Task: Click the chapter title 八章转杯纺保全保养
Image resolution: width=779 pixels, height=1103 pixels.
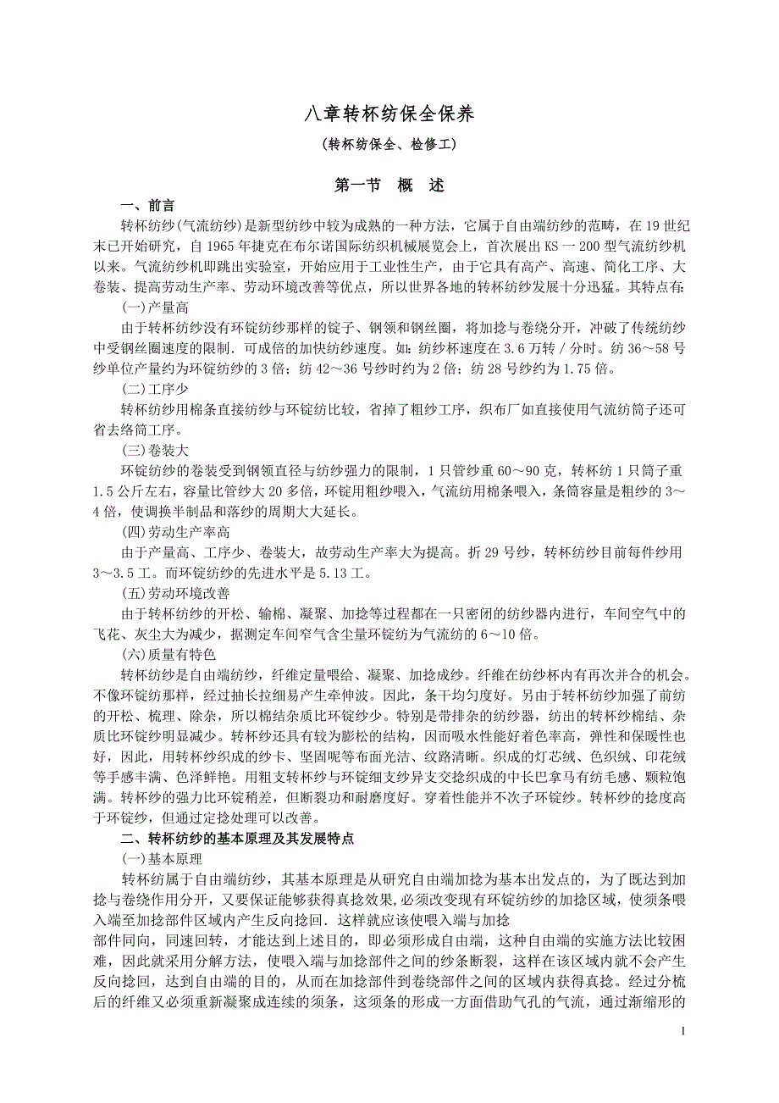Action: click(389, 114)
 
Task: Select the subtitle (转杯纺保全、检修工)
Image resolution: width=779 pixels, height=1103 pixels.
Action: click(389, 144)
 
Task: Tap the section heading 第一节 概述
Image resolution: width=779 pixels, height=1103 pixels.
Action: click(389, 185)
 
